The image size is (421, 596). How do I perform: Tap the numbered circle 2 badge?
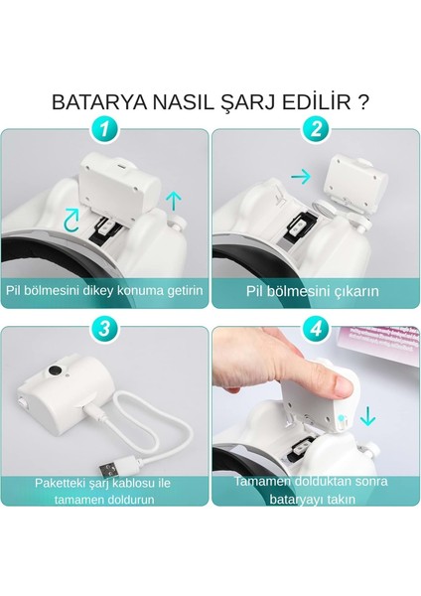tap(316, 129)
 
